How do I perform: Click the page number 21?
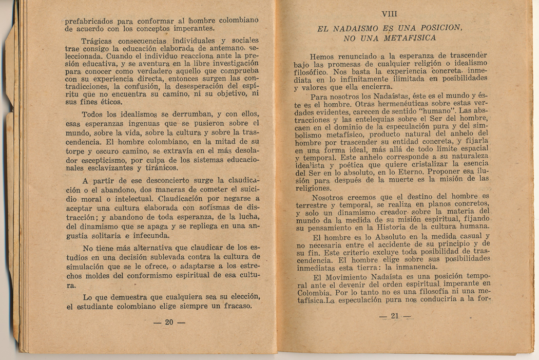(x=394, y=316)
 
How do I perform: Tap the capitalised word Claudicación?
(x=188, y=198)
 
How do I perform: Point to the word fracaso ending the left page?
(x=234, y=307)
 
